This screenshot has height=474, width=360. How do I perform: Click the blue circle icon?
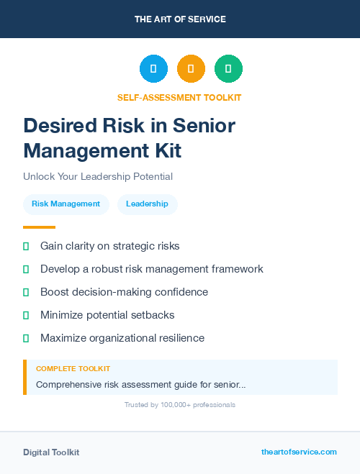point(153,69)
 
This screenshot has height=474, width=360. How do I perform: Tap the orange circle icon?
point(191,69)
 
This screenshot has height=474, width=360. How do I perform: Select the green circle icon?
point(228,69)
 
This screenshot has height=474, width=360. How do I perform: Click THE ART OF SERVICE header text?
point(180,19)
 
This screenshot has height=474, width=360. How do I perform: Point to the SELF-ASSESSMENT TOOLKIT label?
point(179,97)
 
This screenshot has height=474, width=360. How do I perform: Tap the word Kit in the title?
point(165,151)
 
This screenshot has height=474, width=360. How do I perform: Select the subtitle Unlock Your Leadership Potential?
point(98,176)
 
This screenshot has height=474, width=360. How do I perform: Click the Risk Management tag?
point(66,204)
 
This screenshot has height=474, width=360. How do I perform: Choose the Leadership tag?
point(147,204)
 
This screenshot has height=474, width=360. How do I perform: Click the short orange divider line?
point(39,227)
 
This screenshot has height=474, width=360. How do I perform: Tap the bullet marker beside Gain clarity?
point(26,246)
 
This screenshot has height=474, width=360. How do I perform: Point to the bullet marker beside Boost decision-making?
point(26,292)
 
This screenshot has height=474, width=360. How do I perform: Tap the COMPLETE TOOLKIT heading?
point(73,369)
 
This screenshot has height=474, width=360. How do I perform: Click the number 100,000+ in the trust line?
point(170,405)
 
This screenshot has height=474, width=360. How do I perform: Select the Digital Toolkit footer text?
point(51,452)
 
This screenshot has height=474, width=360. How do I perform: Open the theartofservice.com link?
point(299,452)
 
